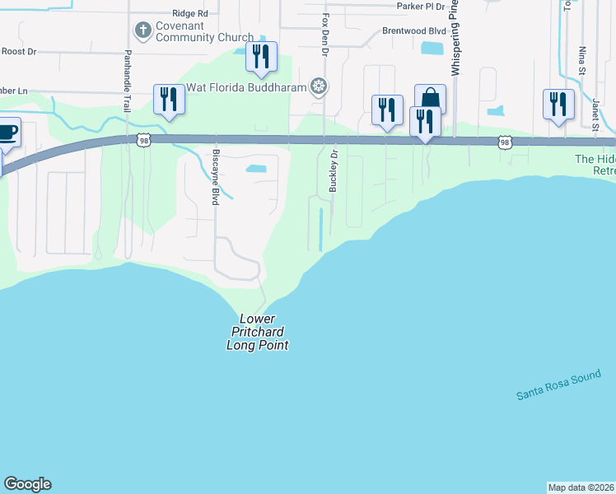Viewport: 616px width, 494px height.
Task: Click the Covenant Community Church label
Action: click(x=195, y=31)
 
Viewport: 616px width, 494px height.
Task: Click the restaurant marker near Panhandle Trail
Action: click(x=169, y=99)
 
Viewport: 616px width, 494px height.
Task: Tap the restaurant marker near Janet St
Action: click(x=558, y=105)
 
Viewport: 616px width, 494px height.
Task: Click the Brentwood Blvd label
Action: click(x=414, y=30)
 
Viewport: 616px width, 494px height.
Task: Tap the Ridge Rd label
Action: click(x=190, y=13)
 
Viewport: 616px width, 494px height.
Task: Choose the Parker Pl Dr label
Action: click(x=420, y=6)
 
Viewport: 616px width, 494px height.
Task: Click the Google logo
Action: click(x=27, y=484)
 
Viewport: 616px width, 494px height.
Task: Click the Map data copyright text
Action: click(x=581, y=487)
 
